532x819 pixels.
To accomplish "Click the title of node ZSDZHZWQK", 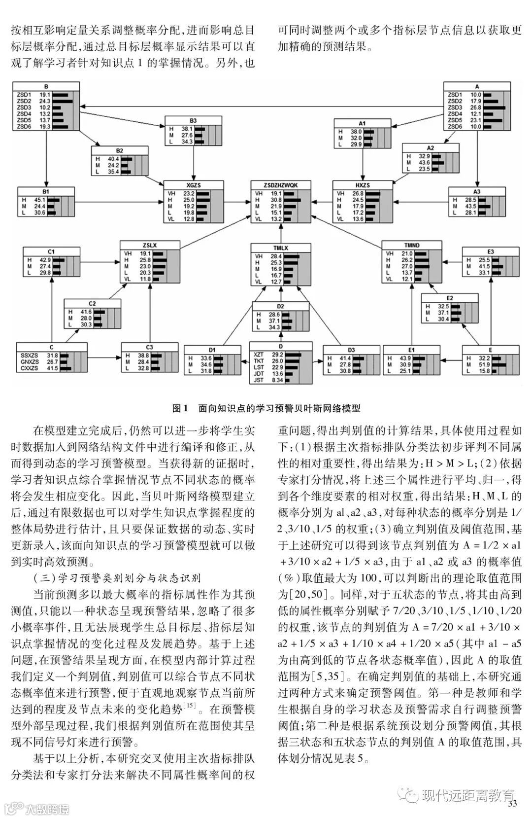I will point(281,185).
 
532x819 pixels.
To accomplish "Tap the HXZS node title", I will point(363,185).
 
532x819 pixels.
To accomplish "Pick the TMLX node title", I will point(281,248).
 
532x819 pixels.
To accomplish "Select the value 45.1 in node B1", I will point(39,200).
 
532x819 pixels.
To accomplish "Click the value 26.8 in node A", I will point(476,107).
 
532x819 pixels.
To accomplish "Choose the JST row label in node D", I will point(259,380).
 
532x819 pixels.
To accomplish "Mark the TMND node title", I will point(411,245).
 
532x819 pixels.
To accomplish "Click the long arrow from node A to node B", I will point(261,107).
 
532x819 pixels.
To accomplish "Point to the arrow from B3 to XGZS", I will point(193,163).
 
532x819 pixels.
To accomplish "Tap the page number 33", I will point(512,804).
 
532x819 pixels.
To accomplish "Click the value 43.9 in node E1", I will point(405,358).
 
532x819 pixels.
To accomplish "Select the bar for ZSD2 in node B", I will point(63,101).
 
